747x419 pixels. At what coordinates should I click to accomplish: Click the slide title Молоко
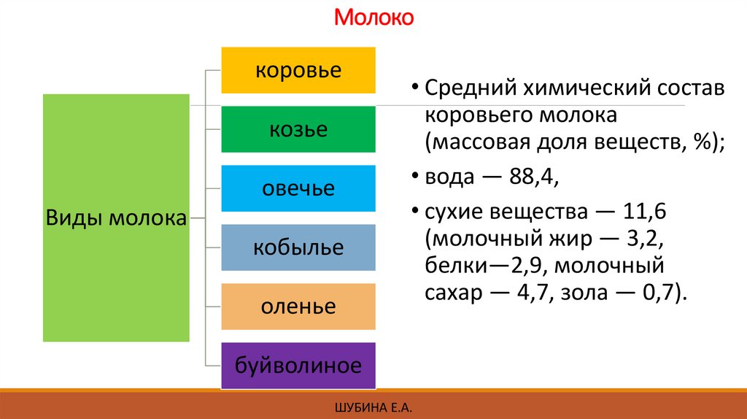coord(373,17)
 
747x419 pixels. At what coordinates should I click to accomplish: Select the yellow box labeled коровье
coord(298,70)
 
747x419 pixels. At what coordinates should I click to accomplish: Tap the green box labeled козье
coord(298,129)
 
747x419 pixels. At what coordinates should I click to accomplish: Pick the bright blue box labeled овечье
coord(298,188)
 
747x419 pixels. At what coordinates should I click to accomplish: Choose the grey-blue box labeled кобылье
coord(298,247)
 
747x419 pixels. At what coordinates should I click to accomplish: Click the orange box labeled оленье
coord(298,306)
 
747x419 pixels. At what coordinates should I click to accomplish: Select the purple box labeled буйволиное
coord(298,365)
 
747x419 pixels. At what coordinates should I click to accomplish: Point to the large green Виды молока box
coord(116,218)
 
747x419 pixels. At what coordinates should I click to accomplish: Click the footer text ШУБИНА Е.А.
coord(373,407)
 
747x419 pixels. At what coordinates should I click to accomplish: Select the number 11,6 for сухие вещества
coord(642,212)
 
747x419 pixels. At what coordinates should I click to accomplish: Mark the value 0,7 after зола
coord(660,293)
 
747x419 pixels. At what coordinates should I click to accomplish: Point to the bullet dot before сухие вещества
coord(414,211)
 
